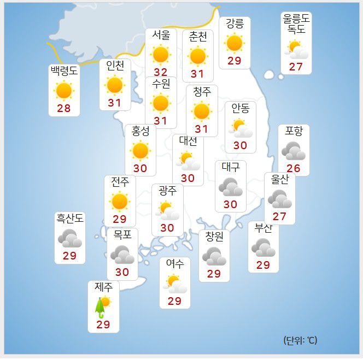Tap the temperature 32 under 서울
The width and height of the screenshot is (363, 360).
pos(161,72)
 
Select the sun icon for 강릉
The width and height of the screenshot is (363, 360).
pos(235,43)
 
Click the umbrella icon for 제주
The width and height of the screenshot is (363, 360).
pos(101,307)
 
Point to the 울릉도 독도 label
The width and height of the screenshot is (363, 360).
pos(296,24)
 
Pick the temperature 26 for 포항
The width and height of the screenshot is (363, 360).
pos(294,168)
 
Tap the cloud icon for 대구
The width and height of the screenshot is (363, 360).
pos(231,187)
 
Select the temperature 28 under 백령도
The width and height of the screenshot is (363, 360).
pos(64,108)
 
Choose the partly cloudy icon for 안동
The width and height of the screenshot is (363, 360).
pos(241,128)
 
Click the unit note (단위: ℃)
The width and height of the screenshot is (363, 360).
pos(300,340)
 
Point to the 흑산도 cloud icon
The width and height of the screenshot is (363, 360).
pos(70,239)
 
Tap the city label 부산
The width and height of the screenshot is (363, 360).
pos(264,228)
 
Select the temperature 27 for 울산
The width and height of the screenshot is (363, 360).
pos(279,216)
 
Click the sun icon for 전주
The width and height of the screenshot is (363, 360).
pos(119,201)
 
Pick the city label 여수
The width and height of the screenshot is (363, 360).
pos(175,264)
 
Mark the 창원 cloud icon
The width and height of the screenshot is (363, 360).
pos(214,256)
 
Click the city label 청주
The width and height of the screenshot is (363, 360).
pos(202,92)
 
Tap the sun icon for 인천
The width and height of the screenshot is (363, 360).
pos(115,85)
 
